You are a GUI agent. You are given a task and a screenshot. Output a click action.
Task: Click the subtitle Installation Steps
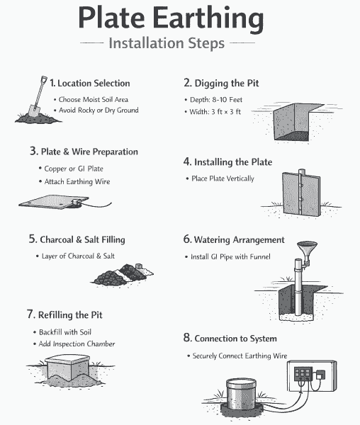click(x=167, y=43)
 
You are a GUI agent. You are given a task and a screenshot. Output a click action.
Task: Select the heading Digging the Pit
click(x=221, y=83)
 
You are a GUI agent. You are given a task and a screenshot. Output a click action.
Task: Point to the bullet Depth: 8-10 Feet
click(x=215, y=100)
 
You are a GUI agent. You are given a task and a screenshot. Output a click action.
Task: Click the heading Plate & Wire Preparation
click(x=84, y=152)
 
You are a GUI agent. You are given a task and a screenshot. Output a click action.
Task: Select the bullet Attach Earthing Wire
click(x=76, y=182)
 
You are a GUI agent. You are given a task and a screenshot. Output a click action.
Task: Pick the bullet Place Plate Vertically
click(x=223, y=178)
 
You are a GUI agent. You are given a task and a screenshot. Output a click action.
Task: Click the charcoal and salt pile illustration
click(x=129, y=273)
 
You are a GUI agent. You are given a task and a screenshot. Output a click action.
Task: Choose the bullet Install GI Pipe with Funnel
click(x=231, y=256)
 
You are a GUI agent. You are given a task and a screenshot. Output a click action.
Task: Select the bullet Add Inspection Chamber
click(x=77, y=344)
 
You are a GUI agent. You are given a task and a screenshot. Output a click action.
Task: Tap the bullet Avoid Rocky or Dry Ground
click(x=99, y=110)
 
